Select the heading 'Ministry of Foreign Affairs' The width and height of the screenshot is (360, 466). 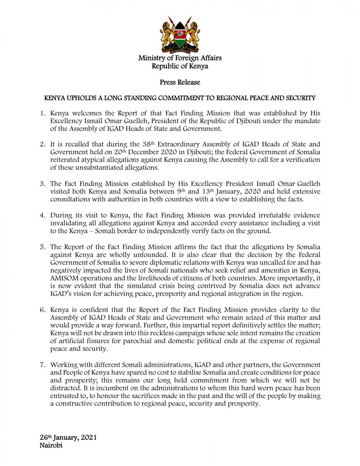click(x=180, y=58)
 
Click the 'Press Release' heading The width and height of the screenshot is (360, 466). click(x=180, y=82)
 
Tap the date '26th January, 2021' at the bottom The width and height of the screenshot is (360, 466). click(x=68, y=438)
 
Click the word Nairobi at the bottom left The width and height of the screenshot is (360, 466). click(x=51, y=445)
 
